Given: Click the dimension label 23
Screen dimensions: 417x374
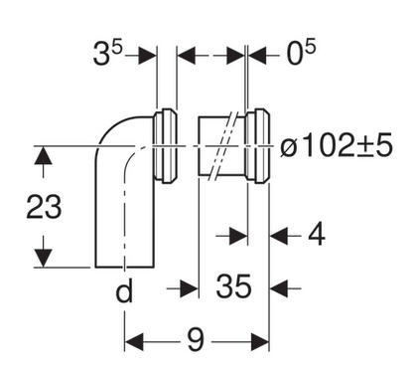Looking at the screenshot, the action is point(44,207).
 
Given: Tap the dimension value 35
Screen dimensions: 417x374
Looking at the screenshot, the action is point(233,285).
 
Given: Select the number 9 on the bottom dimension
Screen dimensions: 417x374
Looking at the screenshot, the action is point(196,340).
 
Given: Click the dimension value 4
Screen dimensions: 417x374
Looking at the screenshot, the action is point(317,235).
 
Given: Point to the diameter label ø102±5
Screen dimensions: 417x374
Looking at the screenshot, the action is point(337,146).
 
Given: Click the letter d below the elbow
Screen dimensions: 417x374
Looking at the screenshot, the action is point(124,290).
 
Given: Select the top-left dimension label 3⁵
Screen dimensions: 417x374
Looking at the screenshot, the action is point(107,53).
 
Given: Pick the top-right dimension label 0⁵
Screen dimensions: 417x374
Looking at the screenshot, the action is point(301,53).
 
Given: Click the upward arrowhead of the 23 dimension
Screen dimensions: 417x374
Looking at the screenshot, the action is point(43,155).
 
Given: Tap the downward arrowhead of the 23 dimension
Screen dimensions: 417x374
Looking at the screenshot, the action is point(43,258).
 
